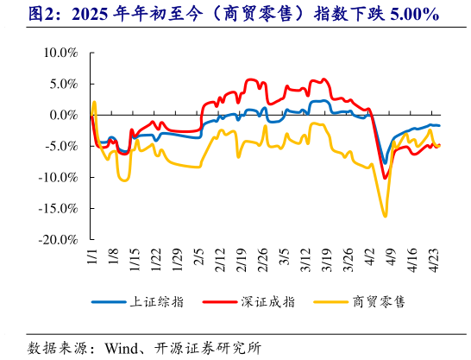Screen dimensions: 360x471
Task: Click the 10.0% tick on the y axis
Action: tap(60, 53)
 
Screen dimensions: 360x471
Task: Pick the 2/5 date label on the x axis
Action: tap(198, 256)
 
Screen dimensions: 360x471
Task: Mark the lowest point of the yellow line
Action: tap(385, 216)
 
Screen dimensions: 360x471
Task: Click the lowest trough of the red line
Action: tap(385, 178)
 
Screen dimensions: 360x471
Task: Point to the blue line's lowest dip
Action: tap(385, 162)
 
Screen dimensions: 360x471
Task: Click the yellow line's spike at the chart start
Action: tap(94, 102)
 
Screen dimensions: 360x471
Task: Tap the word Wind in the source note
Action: tap(122, 348)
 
